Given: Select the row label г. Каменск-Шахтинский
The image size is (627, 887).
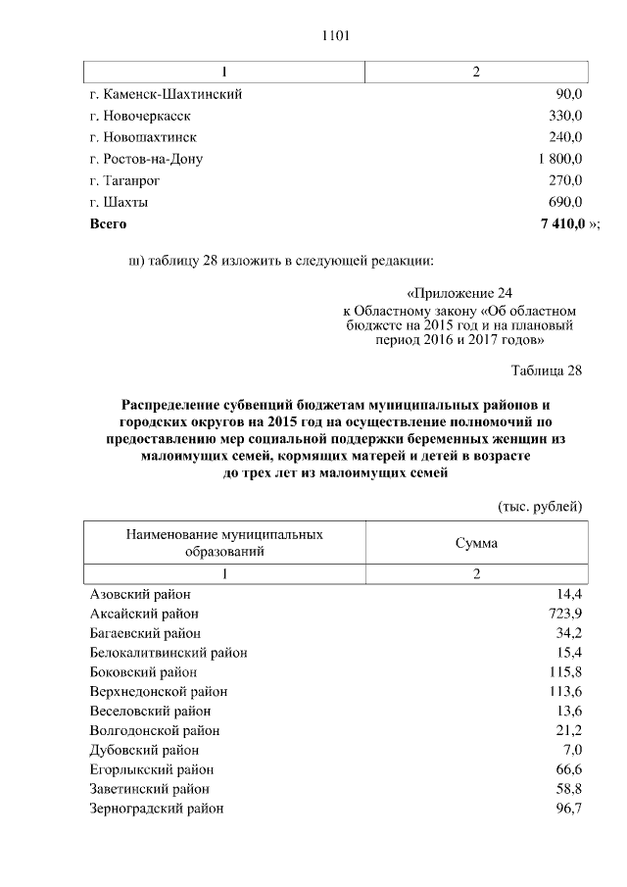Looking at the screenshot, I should coord(166,94).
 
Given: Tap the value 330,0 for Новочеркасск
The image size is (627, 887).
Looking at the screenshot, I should coord(565,116).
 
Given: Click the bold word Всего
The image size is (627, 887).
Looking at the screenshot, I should coord(108,224).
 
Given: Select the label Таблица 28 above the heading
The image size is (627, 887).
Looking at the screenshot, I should coord(547,370).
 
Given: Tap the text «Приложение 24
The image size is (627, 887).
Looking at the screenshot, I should coord(458,293).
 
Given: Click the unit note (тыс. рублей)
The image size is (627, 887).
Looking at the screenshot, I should coord(541,506).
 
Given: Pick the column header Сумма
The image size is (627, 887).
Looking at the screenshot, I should coord(476,543).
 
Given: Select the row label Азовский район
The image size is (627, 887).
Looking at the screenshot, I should coord(140,595).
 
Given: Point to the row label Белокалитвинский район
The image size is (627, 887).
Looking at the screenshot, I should coord(168,653).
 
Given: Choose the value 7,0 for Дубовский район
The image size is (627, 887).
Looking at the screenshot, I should coord(570,751).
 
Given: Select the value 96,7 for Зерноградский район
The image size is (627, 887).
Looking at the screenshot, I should coord(567,809).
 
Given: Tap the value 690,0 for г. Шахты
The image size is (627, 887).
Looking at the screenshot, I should coord(565,203).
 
